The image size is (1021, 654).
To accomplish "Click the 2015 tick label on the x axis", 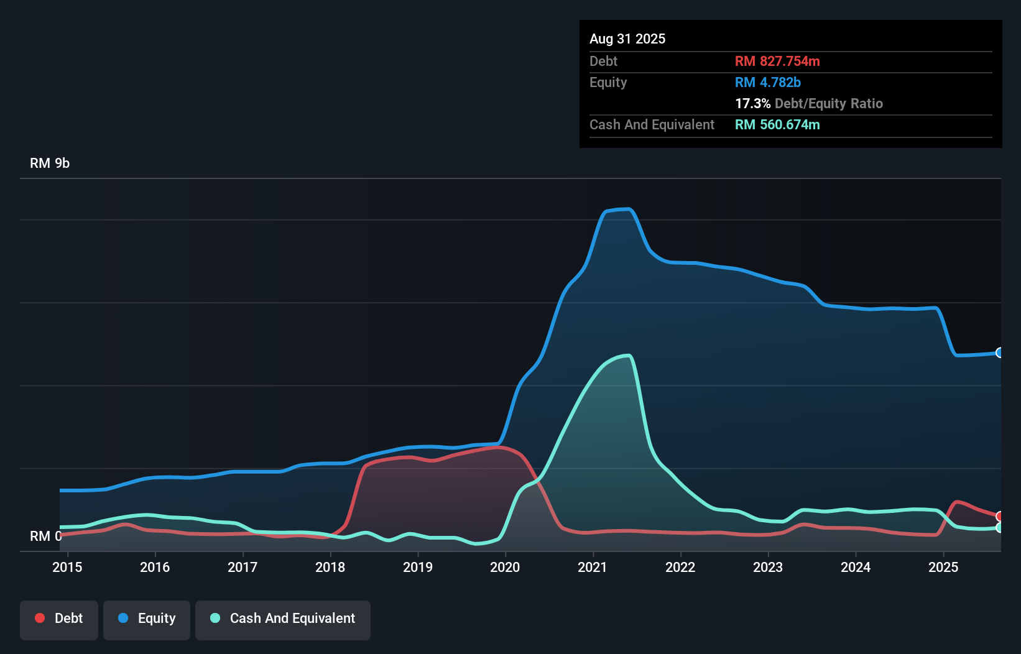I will click(x=67, y=567).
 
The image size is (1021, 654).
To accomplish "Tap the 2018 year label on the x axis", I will click(x=330, y=567).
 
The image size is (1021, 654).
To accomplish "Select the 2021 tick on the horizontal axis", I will click(x=593, y=567).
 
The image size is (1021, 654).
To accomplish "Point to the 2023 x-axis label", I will click(x=768, y=567).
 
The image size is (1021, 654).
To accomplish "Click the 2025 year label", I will click(x=943, y=567).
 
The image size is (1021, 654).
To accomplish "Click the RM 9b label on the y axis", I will click(x=50, y=163).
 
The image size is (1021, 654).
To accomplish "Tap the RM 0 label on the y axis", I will click(x=45, y=536).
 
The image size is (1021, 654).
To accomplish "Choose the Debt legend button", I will click(x=59, y=619).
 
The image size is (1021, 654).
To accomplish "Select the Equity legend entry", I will click(x=147, y=619).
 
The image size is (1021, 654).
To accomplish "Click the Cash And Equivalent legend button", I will click(x=283, y=619).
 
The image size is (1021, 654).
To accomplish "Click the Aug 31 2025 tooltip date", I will click(x=627, y=39).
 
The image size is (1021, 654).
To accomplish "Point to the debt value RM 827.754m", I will click(x=777, y=61).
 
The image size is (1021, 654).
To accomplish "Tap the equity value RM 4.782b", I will click(x=767, y=82).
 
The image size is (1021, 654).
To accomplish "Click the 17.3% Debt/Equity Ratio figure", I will click(x=808, y=103).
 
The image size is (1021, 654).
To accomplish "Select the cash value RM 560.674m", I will click(x=777, y=124).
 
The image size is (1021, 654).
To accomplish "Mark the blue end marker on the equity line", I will click(x=999, y=352).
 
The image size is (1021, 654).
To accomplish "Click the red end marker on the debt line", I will click(x=999, y=517).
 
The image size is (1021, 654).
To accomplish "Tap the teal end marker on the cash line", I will click(x=999, y=528).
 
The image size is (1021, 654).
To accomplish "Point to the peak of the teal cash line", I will click(x=629, y=356).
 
